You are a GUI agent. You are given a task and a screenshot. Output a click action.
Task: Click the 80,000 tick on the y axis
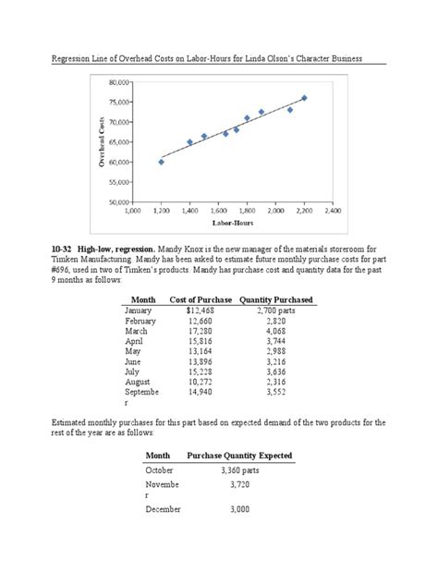(x=119, y=82)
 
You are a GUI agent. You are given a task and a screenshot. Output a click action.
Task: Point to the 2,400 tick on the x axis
(x=334, y=211)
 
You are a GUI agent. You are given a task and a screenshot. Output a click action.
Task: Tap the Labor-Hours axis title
(x=234, y=223)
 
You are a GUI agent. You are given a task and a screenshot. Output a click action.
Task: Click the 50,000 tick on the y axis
(x=119, y=201)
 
